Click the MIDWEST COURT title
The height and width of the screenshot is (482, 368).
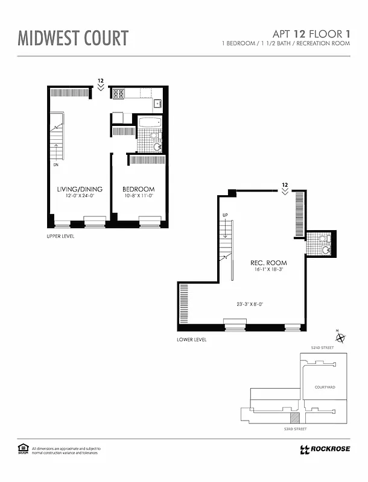click(x=73, y=38)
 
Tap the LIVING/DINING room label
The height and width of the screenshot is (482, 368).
click(x=80, y=189)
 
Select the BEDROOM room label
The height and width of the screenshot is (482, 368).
click(x=138, y=189)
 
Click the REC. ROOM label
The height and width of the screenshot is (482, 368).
click(x=268, y=263)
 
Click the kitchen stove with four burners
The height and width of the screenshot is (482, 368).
click(x=118, y=93)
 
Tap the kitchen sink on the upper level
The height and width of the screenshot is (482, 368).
click(x=158, y=104)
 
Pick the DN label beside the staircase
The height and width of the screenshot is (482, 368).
click(x=55, y=163)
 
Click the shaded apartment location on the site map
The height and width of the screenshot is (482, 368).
click(x=294, y=417)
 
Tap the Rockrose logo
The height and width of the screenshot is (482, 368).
click(x=324, y=449)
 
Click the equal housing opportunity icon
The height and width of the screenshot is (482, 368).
click(x=24, y=448)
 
